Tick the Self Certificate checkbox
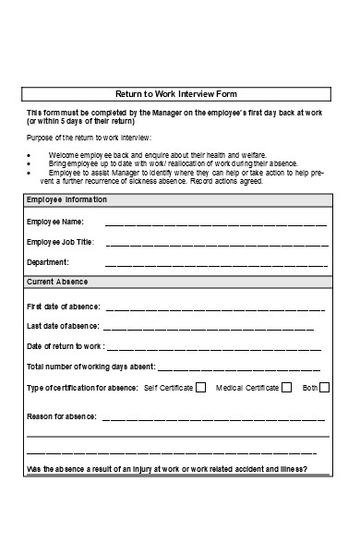pos(199,388)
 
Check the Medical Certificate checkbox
pos(286,388)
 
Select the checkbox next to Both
pos(324,388)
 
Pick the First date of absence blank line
pos(215,307)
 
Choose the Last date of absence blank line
pos(209,328)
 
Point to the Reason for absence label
pos(61,417)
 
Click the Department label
pos(48,263)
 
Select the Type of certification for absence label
pos(82,388)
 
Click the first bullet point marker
pos(31,155)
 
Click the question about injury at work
pos(167,469)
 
